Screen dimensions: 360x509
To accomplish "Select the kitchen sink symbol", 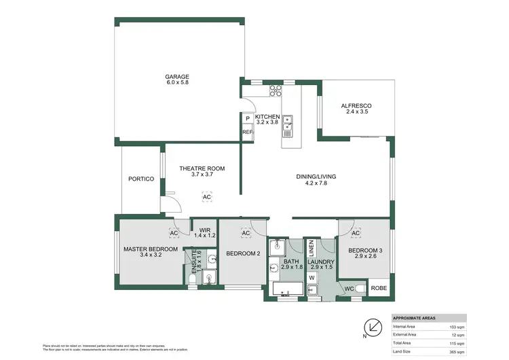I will pos(288,122).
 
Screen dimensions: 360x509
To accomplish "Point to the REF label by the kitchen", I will pos(247,132).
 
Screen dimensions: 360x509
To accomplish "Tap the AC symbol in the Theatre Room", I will pos(206,197).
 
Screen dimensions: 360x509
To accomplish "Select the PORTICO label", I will pos(140,179).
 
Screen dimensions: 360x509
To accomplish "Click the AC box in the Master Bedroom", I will pos(174,233).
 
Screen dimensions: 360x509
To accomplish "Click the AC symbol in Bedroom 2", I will pos(246,233).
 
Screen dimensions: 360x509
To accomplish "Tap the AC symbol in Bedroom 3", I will pos(356,233).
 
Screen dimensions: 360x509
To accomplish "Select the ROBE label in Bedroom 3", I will pos(379,288).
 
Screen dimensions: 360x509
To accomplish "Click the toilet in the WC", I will pos(360,289).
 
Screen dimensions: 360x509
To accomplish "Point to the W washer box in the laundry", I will pos(312,277).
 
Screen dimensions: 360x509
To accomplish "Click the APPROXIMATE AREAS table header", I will pos(415,318).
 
